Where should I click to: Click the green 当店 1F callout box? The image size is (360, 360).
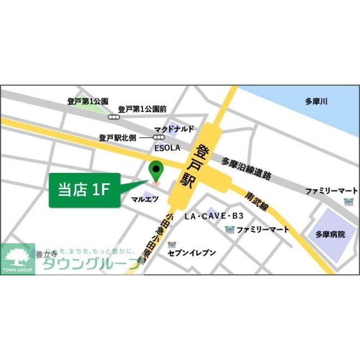click(x=84, y=190)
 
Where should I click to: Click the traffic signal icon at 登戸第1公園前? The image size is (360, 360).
click(x=114, y=117)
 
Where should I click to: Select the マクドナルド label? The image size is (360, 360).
click(x=174, y=129)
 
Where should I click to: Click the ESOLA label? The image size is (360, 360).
click(x=167, y=148)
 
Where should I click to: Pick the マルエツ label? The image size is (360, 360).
click(x=145, y=199)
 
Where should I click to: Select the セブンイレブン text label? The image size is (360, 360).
click(x=192, y=253)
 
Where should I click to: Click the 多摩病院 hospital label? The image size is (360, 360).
click(x=330, y=235)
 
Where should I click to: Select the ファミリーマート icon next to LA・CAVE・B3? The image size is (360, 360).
click(x=229, y=229)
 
